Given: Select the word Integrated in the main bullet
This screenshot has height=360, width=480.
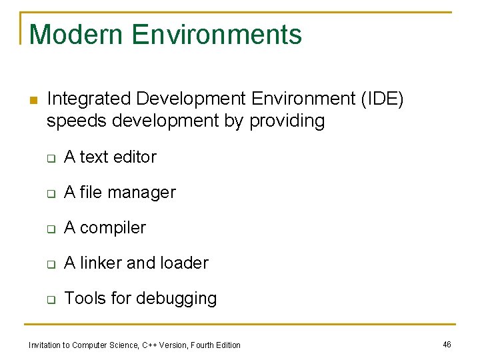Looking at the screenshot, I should point(89,99).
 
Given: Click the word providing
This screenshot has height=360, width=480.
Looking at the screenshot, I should point(287,121).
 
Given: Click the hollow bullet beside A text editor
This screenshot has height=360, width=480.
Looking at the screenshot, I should point(49,159).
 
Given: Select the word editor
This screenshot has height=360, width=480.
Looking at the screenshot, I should point(135,157).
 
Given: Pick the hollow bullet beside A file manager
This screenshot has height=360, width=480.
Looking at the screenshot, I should point(49,194).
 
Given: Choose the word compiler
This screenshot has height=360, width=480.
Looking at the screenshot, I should point(114,228).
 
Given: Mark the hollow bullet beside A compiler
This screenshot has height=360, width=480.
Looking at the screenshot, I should point(49,229).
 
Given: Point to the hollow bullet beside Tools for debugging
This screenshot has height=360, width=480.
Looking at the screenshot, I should point(49,300).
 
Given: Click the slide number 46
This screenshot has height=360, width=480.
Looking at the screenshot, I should point(447,344).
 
